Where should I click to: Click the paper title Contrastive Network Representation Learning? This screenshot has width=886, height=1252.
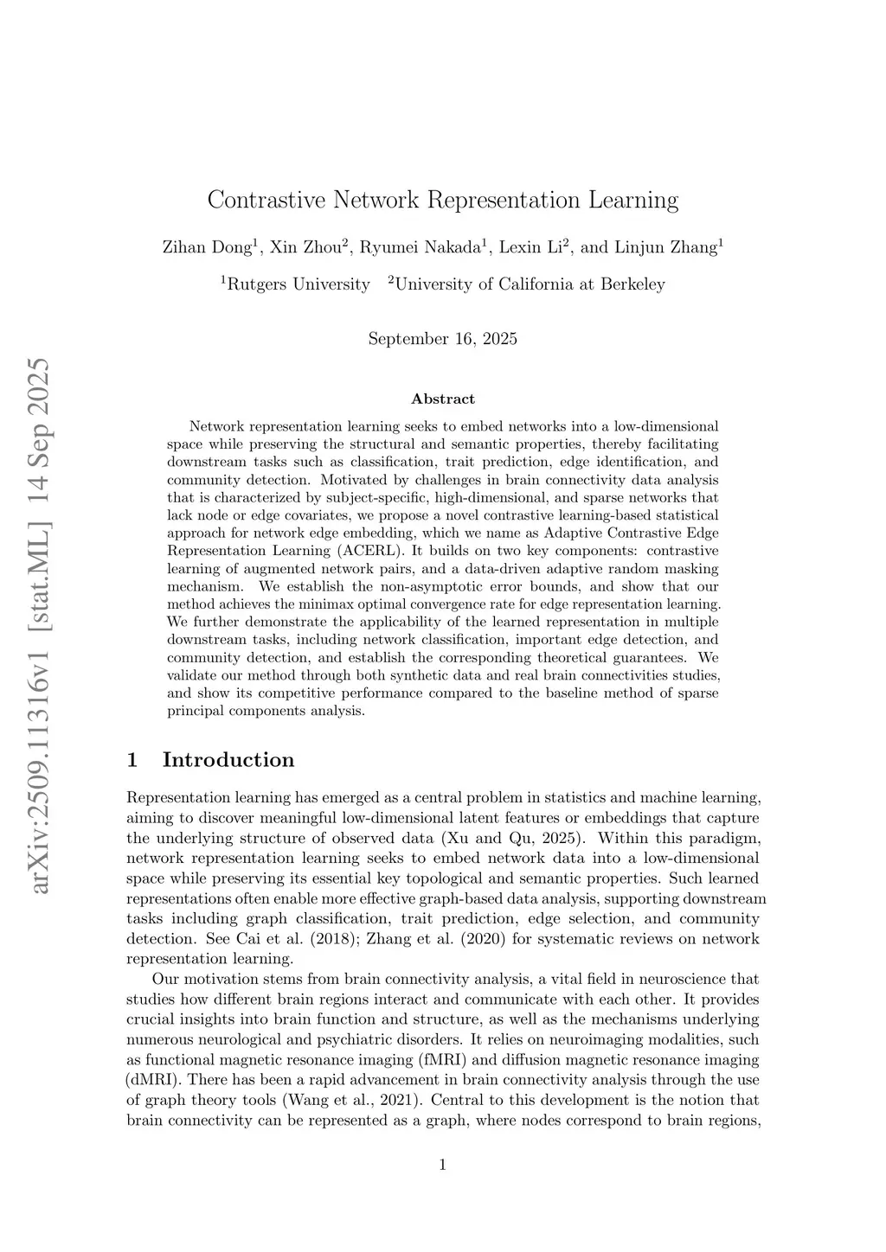coord(443,201)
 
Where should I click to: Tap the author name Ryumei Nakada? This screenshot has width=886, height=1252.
coord(421,247)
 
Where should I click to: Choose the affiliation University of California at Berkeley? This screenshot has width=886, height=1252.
coord(530,284)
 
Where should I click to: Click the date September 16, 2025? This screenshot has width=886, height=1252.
coord(443,339)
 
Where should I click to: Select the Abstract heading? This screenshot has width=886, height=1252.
coord(443,399)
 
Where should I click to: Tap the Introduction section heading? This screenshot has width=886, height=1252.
coord(228,760)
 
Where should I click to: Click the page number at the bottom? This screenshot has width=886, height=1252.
coord(443,1165)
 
